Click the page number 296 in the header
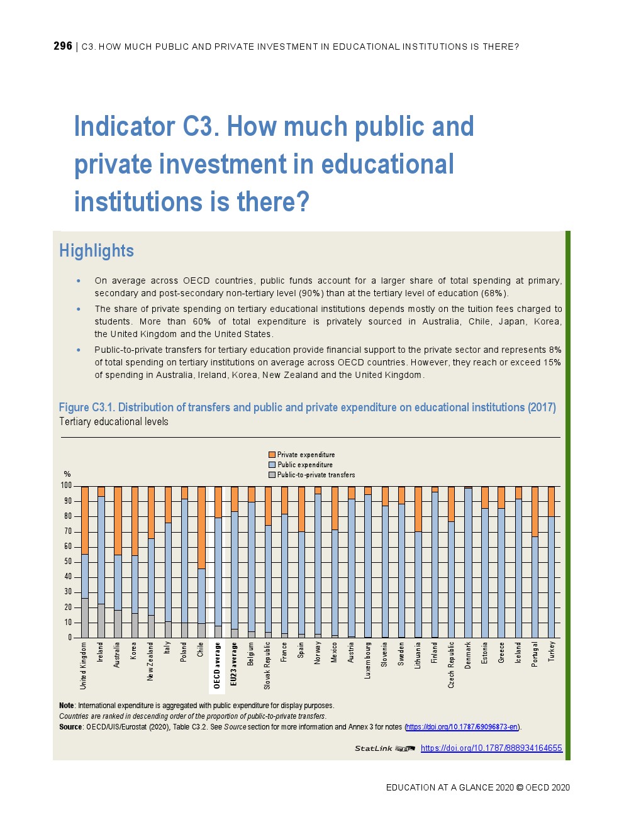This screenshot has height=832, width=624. click(x=63, y=46)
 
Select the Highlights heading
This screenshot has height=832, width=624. click(x=96, y=251)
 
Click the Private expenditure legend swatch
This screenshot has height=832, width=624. click(x=272, y=455)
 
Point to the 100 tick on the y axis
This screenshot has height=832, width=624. click(x=66, y=485)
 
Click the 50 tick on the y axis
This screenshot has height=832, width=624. click(x=68, y=562)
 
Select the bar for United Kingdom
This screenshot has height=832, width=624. click(x=85, y=562)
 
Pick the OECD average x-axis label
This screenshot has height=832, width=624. click(x=217, y=665)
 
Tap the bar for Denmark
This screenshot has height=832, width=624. click(x=468, y=562)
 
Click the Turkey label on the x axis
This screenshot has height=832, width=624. click(x=552, y=652)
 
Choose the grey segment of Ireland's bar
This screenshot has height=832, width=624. click(x=101, y=621)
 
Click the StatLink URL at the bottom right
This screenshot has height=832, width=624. click(x=491, y=748)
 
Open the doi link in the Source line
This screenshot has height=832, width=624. click(x=462, y=727)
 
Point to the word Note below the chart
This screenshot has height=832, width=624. click(x=66, y=706)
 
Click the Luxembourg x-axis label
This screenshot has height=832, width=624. click(x=368, y=660)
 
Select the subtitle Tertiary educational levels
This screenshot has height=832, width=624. click(x=114, y=421)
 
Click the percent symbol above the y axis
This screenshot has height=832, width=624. click(x=67, y=474)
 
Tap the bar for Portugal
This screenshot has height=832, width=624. click(x=535, y=562)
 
